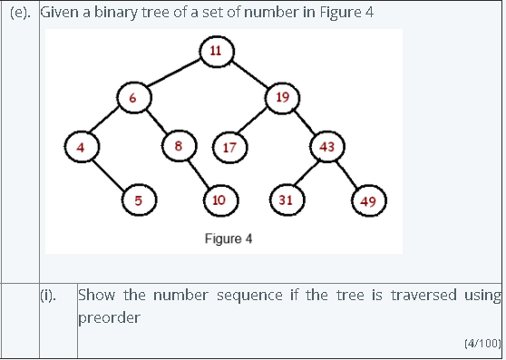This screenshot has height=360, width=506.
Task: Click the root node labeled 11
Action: (216, 49)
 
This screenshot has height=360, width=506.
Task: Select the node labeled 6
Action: (132, 98)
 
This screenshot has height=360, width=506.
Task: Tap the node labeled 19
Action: (282, 98)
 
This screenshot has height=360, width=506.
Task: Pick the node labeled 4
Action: (80, 146)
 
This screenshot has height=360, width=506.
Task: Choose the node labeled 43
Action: (326, 146)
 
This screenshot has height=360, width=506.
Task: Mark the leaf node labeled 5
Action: (138, 199)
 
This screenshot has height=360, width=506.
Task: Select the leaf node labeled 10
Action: (219, 199)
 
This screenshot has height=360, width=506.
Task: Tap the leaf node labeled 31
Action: (285, 199)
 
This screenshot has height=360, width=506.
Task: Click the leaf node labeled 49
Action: (367, 201)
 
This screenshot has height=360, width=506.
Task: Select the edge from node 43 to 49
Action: (347, 174)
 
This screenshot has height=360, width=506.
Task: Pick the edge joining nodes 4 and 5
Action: (109, 173)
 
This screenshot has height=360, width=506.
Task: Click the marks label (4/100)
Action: (482, 343)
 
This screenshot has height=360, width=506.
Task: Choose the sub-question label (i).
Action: (49, 295)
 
